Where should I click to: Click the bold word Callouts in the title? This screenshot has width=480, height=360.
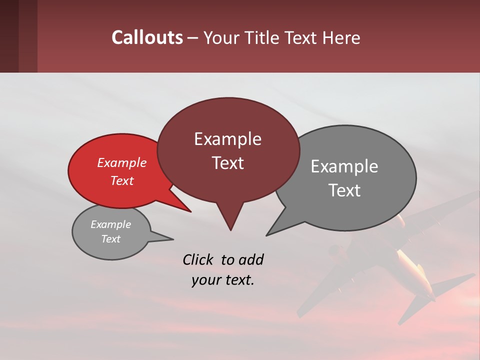tap(147, 38)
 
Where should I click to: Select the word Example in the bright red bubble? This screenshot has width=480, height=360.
tap(121, 162)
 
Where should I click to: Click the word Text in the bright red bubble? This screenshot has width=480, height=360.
tap(121, 180)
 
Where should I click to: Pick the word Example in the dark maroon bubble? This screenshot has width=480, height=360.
tap(227, 139)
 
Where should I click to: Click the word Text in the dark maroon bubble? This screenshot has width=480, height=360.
tap(227, 163)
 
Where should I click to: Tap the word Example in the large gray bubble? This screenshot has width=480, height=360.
tap(344, 166)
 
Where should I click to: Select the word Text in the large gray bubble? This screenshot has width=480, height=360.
tap(344, 190)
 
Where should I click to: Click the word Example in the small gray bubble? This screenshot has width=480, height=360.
tap(110, 224)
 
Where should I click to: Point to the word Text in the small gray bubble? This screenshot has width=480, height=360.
tap(110, 239)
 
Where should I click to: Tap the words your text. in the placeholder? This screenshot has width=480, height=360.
tap(222, 280)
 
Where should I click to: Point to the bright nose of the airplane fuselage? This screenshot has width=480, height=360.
tap(401, 219)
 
